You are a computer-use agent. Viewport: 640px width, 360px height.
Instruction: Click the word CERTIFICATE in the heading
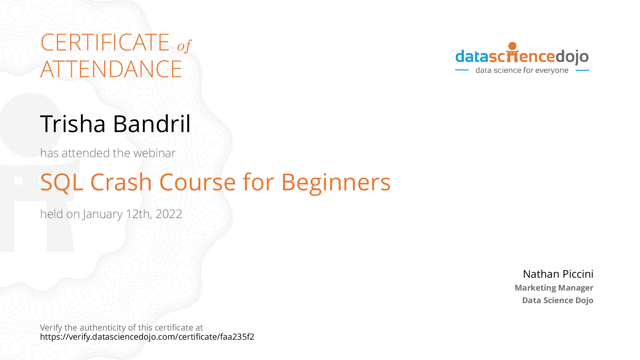[x=105, y=42]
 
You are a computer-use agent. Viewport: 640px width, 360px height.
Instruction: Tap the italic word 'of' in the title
[x=185, y=46]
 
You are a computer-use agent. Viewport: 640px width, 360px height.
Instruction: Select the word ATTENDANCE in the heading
[x=111, y=69]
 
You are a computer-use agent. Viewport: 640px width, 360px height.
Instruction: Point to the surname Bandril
[x=152, y=124]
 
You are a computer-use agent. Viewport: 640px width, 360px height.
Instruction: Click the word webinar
[x=154, y=153]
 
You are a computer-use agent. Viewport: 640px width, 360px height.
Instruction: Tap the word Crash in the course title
[x=121, y=182]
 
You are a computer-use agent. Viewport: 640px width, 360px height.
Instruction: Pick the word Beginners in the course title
[x=336, y=183]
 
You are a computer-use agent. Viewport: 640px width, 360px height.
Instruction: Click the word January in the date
[x=103, y=214]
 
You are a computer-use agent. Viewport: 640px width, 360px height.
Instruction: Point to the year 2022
[x=169, y=214]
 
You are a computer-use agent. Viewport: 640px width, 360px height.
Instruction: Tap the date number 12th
[x=139, y=214]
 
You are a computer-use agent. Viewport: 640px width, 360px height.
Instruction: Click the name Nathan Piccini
[x=558, y=274]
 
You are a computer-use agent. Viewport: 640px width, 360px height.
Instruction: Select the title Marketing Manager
[x=554, y=288]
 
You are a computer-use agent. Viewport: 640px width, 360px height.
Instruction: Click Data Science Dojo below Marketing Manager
[x=558, y=300]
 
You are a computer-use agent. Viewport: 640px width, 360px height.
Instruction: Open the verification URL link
[x=147, y=337]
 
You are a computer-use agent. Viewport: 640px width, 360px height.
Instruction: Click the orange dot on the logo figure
[x=513, y=46]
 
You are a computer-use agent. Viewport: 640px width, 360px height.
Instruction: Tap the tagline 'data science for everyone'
[x=522, y=70]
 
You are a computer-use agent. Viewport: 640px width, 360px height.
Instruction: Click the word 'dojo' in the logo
[x=572, y=57]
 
